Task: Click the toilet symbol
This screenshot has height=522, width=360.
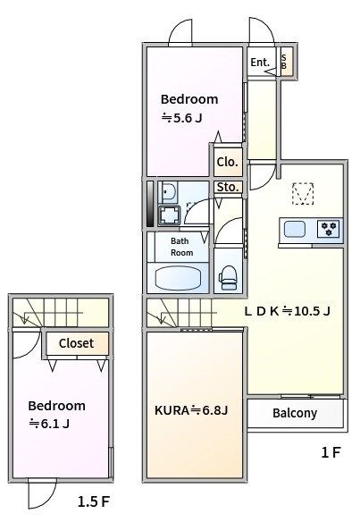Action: click(x=228, y=277)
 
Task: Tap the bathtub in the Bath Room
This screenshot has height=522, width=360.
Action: click(x=179, y=279)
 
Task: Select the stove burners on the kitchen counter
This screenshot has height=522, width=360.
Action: click(x=329, y=229)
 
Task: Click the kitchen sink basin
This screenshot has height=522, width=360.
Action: click(x=295, y=229)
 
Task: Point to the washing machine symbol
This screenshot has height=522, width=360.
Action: click(x=170, y=215)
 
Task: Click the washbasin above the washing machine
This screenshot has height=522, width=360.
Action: click(x=169, y=192)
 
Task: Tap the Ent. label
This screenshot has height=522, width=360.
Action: click(x=260, y=63)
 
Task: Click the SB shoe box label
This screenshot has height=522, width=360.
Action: click(x=284, y=62)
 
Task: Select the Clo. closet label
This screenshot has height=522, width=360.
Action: click(x=228, y=162)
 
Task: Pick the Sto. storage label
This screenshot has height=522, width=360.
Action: click(x=228, y=187)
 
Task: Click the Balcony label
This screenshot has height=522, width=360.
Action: click(x=295, y=413)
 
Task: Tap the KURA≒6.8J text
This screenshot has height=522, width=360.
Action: click(x=191, y=410)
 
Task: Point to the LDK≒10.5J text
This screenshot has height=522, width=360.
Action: click(x=287, y=311)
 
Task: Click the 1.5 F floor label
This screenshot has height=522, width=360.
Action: click(x=94, y=501)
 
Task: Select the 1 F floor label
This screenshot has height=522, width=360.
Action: click(x=331, y=452)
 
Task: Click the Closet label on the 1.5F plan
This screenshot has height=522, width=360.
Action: click(x=76, y=343)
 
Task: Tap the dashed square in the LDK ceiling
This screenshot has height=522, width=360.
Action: click(x=303, y=193)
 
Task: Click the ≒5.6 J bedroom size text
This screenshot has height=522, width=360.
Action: click(x=181, y=118)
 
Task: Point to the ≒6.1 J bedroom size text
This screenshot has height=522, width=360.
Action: click(x=49, y=424)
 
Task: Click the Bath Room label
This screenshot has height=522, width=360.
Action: click(x=181, y=247)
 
